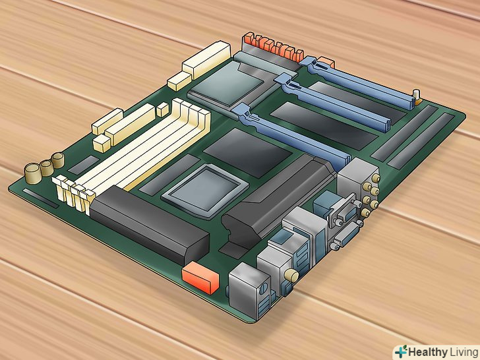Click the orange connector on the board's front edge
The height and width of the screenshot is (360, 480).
[x=200, y=278]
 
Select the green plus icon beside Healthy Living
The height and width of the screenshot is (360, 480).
[x=401, y=351]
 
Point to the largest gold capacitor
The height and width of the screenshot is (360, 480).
[x=33, y=173]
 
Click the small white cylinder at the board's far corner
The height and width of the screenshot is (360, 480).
[x=416, y=95]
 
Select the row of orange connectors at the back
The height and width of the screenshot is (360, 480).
[x=273, y=47]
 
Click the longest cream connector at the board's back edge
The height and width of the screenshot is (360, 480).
[x=206, y=60]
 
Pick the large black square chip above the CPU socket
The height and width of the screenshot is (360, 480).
[x=247, y=152]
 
